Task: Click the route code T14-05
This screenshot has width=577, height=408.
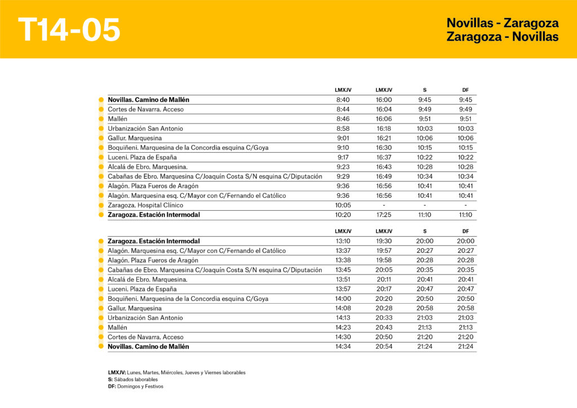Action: [69, 29]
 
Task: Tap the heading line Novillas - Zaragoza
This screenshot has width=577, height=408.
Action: [502, 23]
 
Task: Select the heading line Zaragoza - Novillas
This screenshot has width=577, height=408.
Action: [502, 37]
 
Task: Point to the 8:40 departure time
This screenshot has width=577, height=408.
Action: [343, 100]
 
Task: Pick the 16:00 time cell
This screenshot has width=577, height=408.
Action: [384, 100]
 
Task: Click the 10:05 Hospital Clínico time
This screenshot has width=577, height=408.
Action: [343, 205]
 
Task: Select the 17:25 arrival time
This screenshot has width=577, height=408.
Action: [384, 215]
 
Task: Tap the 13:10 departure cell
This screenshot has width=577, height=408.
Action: [343, 241]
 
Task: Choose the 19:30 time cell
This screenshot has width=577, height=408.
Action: [384, 241]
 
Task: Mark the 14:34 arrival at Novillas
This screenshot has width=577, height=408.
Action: [343, 347]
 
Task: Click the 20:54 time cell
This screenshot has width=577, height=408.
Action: [384, 347]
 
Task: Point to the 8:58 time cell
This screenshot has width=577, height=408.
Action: [343, 128]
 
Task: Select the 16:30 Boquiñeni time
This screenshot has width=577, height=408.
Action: [384, 148]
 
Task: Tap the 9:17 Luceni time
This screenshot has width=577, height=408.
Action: [343, 157]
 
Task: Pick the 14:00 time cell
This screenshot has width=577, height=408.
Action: [343, 299]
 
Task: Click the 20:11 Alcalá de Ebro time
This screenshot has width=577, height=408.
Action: [384, 280]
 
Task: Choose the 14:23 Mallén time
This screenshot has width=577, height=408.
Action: [343, 327]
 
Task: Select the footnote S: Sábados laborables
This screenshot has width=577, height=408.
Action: [133, 380]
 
